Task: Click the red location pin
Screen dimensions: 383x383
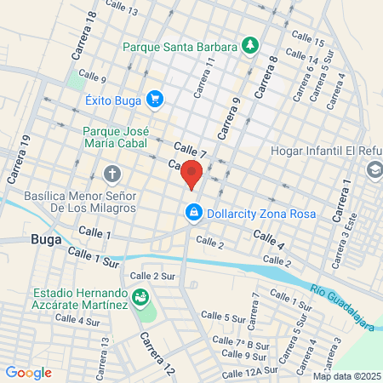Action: (191, 172)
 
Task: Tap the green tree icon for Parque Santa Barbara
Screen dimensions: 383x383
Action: (250, 44)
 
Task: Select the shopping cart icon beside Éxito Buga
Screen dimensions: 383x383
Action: (154, 100)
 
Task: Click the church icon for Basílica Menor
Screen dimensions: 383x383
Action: (111, 175)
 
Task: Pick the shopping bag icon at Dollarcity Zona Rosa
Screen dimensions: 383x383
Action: (194, 212)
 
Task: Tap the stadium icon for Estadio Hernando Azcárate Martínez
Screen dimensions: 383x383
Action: (140, 295)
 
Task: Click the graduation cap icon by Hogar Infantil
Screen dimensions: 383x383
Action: (374, 170)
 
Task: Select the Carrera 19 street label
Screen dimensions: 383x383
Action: (16, 164)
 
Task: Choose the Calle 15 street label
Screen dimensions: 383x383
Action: (307, 42)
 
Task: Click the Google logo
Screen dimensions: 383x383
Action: (28, 372)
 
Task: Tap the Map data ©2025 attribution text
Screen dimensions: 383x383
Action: (346, 376)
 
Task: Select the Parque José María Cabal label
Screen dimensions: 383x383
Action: (117, 139)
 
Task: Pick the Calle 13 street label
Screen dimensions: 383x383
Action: (122, 10)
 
